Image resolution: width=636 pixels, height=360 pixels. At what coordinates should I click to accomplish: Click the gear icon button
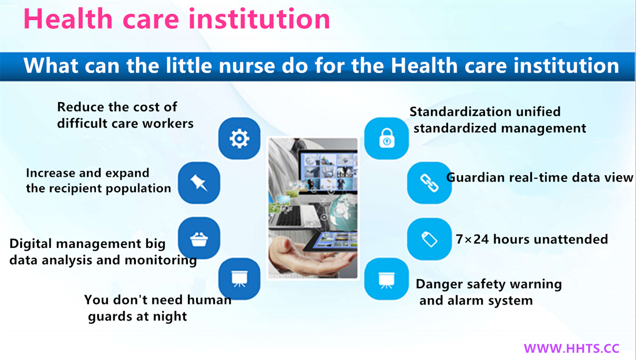(x=239, y=139)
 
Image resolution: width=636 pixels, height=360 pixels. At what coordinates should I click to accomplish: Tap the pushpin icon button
(x=199, y=183)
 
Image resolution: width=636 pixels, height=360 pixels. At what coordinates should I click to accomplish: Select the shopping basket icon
(x=199, y=238)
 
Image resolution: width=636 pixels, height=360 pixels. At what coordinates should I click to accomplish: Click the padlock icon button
(x=387, y=139)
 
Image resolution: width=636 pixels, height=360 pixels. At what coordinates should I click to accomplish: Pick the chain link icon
(x=430, y=183)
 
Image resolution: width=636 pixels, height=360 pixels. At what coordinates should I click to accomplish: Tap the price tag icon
(x=430, y=239)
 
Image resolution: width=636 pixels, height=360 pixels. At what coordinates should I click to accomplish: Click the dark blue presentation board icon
(x=239, y=279)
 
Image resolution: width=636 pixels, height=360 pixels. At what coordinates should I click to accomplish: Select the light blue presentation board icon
(x=387, y=279)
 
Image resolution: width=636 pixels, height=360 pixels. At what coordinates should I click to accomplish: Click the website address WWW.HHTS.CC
(x=571, y=348)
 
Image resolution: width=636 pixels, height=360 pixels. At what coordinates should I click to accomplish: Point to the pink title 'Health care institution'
(x=177, y=18)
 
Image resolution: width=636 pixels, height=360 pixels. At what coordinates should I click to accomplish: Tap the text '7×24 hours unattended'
(x=532, y=239)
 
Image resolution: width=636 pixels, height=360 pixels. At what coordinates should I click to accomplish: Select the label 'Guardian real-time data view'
(x=539, y=177)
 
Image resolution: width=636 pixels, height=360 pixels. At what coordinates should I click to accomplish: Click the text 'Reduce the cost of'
(x=117, y=107)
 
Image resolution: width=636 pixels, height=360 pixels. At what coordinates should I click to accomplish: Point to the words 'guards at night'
(x=138, y=316)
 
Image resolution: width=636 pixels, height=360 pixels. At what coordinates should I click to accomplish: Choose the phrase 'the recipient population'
(x=98, y=188)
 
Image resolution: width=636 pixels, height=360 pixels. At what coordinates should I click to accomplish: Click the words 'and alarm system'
(x=476, y=300)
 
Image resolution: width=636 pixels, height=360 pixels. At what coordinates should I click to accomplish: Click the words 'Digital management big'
(x=87, y=244)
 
